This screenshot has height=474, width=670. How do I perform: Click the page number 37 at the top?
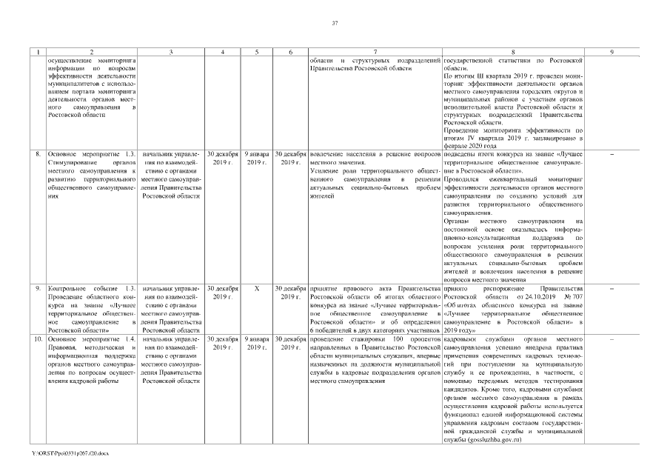coord(335,24)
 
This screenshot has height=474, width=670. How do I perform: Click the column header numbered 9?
coord(611,51)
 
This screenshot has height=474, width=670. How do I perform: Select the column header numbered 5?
coord(255,51)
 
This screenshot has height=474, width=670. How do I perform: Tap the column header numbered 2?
coord(91,51)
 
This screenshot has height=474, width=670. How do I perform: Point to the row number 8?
coord(38,154)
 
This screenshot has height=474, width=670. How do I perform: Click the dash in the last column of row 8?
coord(611,154)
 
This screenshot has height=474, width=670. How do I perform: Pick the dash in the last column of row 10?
coord(611,338)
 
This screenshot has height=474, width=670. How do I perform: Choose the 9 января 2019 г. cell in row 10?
coord(255,341)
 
